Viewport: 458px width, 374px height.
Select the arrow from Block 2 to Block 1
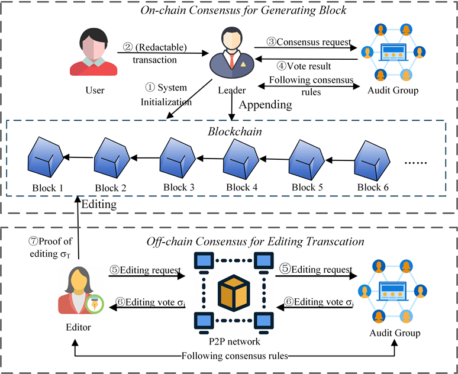(78, 157)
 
